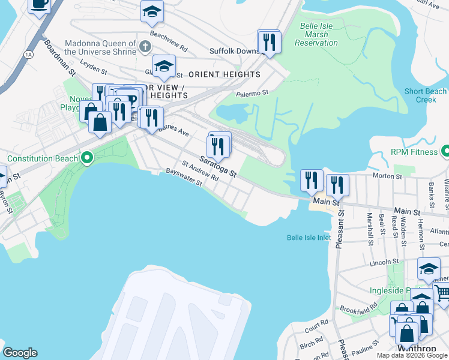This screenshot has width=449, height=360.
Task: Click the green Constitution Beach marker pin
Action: pos(87,158)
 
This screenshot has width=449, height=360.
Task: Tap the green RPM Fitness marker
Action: pos(445,152)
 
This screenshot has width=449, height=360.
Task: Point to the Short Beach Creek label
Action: pos(425,95)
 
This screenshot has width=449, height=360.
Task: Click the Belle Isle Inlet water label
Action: pos(309,238)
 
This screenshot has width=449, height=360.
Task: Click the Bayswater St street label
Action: pos(184,179)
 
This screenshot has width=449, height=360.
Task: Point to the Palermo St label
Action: pos(251,93)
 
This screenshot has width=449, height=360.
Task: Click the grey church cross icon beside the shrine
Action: pos(144,46)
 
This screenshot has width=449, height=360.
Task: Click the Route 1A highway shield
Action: pos(28,55)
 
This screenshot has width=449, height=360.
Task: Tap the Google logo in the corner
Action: pos(19,353)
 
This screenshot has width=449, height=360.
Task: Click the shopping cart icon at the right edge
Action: pos(442,293)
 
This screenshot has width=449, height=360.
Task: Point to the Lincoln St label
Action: pos(385,262)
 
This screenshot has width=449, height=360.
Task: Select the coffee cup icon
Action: pos(40,5)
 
